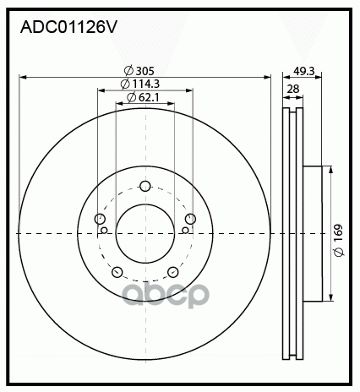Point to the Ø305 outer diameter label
coord(138,71)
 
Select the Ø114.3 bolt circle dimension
coord(140,84)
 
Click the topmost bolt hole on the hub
coord(145,187)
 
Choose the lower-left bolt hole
coord(117,271)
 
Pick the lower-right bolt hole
coord(172,271)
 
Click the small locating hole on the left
coord(104,229)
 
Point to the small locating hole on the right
coord(186,229)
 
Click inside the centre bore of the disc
coord(145,234)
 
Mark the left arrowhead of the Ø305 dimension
coord(22,77)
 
